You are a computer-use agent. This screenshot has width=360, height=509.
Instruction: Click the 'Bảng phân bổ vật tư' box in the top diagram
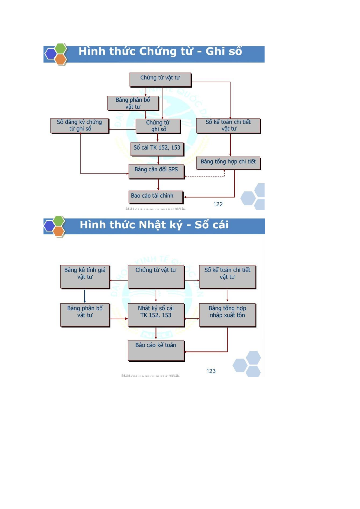[x=133, y=103]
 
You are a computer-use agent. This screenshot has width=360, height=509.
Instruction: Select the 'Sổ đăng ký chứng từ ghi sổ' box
[x=79, y=125]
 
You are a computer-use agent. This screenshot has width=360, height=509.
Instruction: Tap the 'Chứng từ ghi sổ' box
[x=158, y=126]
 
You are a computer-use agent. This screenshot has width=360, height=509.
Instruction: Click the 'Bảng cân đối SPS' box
[x=156, y=171]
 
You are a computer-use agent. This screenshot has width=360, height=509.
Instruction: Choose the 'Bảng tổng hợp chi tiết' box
[x=228, y=163]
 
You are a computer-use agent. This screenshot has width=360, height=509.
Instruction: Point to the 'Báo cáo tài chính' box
[x=156, y=197]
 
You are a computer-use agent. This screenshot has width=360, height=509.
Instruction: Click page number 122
[x=218, y=204]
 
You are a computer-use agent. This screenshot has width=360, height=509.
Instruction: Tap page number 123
[x=211, y=371]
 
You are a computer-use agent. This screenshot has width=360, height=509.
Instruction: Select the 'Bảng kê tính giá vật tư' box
[x=85, y=277]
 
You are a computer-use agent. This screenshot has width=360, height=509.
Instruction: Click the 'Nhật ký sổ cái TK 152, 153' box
[x=156, y=315]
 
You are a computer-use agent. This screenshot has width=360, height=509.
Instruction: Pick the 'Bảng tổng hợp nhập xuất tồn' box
[x=227, y=315]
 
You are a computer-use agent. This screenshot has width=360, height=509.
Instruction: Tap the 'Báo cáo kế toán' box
[x=156, y=350]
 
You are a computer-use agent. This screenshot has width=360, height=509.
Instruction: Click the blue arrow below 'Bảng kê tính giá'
[x=85, y=296]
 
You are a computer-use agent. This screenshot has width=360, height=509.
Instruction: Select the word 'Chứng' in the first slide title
[x=158, y=52]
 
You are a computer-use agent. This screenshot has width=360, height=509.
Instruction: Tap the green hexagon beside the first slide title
[x=61, y=49]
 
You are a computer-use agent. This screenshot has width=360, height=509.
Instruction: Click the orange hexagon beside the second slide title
[x=59, y=231]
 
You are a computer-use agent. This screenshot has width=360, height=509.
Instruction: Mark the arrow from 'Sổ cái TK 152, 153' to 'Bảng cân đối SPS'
[x=158, y=160]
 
